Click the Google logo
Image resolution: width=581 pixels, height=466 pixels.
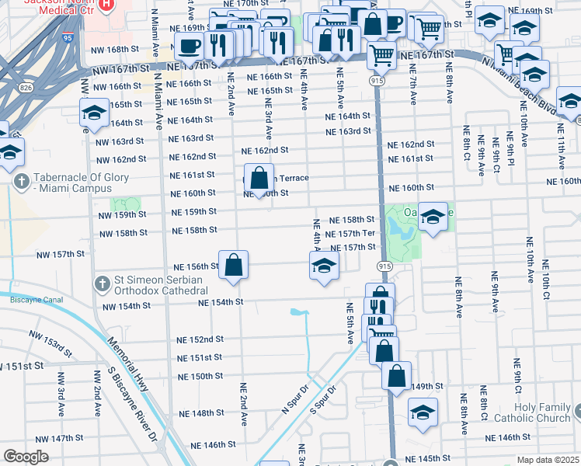coord(26,457)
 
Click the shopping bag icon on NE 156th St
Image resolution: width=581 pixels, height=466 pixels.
coord(233,266)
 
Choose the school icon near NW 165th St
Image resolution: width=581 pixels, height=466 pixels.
coord(94,113)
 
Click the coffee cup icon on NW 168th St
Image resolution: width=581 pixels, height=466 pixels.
coord(189,47)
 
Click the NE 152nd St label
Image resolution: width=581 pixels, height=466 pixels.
coord(200,339)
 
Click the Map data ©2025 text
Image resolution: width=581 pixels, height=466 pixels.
coord(548,460)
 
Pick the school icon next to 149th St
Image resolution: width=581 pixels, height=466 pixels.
coord(423,412)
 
